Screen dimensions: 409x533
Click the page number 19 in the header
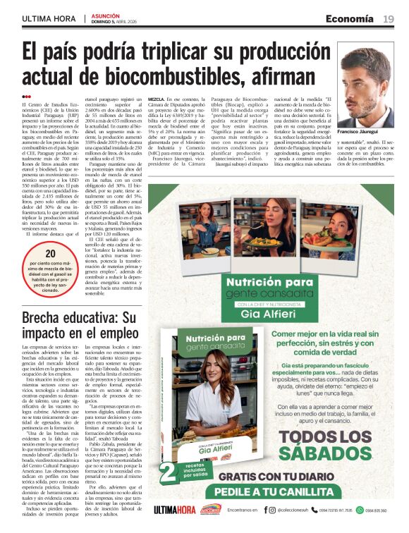(389, 18)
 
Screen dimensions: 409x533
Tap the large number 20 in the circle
(51, 255)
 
